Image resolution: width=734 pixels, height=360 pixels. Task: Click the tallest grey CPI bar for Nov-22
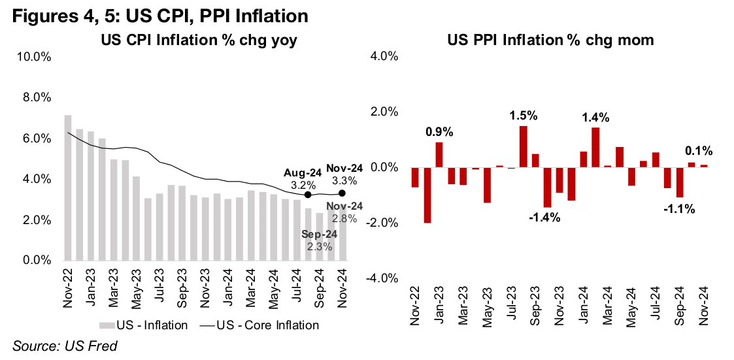(x=68, y=188)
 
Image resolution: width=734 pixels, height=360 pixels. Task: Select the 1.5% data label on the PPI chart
(x=524, y=116)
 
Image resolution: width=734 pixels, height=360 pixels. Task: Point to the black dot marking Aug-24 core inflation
(x=308, y=194)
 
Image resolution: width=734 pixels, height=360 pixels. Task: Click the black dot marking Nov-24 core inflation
(x=342, y=193)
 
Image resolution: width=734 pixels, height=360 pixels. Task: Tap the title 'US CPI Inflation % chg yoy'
(x=199, y=41)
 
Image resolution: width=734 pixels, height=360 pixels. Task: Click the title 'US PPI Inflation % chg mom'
(x=551, y=41)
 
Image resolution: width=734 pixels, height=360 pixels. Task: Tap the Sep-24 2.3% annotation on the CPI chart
(x=320, y=240)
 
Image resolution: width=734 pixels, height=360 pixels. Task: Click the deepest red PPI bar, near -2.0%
(x=427, y=195)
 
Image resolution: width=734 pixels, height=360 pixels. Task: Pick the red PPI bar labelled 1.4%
(x=595, y=148)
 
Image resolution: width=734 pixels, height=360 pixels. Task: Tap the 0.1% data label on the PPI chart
(x=699, y=151)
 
